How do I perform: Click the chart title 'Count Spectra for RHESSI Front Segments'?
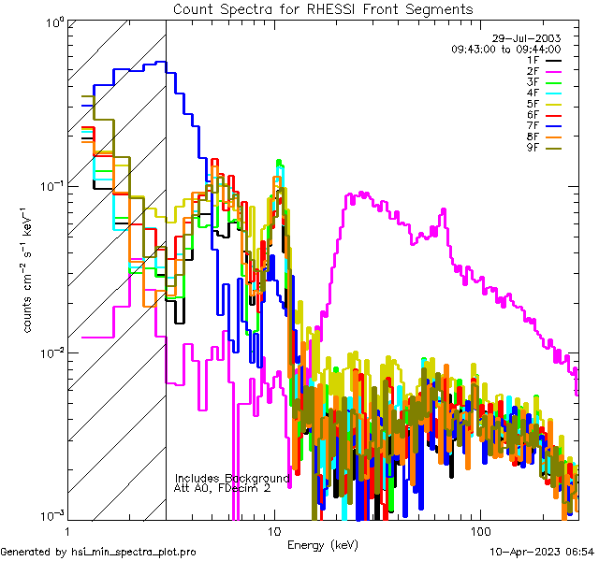pyautogui.click(x=323, y=8)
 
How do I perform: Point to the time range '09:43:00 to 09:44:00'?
pyautogui.click(x=505, y=49)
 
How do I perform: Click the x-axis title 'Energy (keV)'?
pyautogui.click(x=323, y=544)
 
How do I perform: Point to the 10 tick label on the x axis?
pyautogui.click(x=273, y=529)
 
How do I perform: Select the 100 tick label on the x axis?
pyautogui.click(x=479, y=529)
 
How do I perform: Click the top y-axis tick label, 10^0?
pyautogui.click(x=51, y=22)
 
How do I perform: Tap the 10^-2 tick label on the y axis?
pyautogui.click(x=49, y=352)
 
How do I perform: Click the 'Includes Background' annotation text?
pyautogui.click(x=232, y=478)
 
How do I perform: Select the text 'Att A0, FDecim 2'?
pyautogui.click(x=223, y=488)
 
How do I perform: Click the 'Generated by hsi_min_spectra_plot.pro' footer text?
pyautogui.click(x=98, y=553)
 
